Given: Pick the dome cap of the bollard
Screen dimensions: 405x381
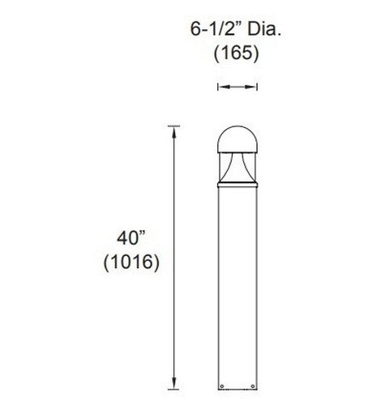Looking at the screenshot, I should (x=236, y=139).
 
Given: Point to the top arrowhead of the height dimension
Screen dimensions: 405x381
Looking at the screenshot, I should (x=172, y=130).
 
